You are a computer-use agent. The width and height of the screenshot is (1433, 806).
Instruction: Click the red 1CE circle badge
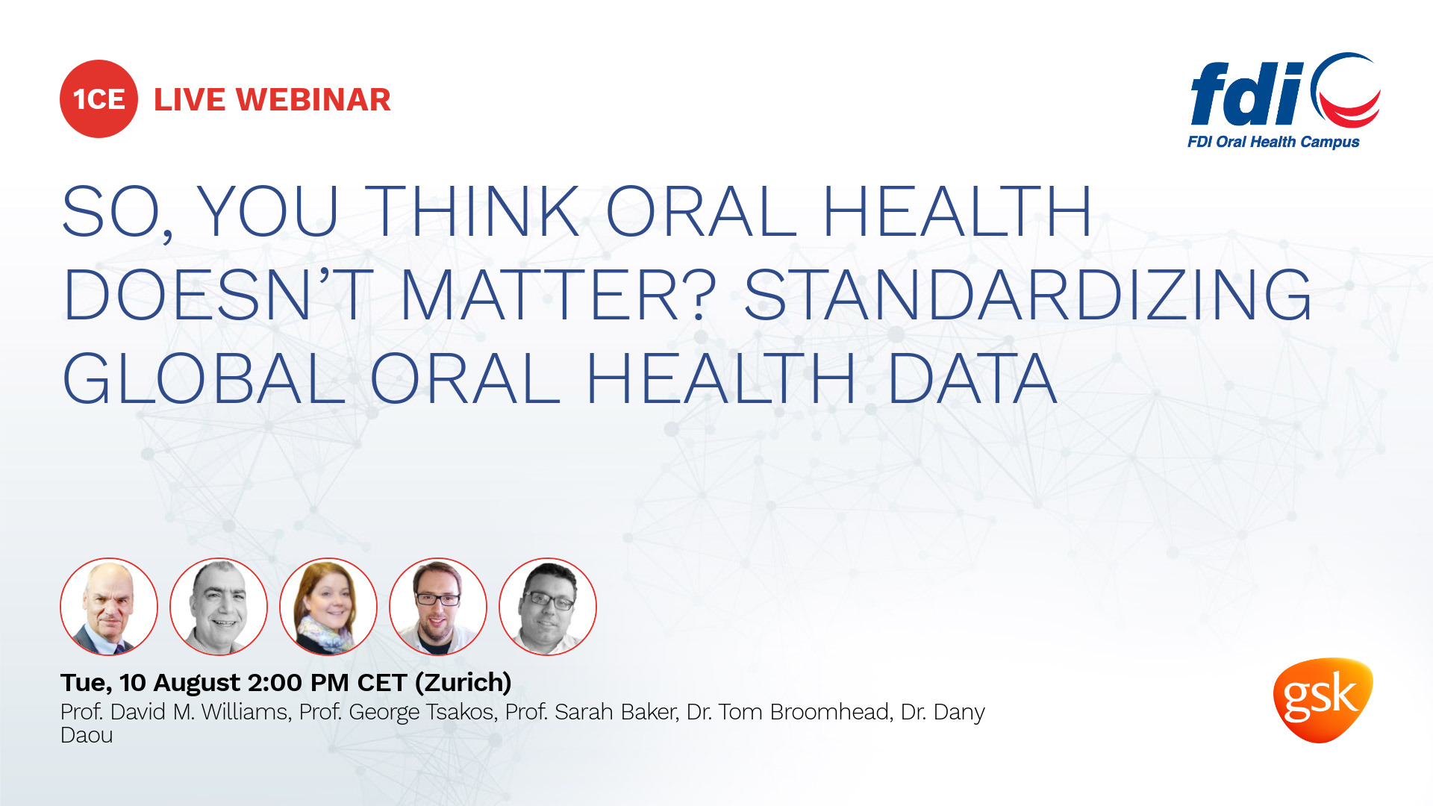99,99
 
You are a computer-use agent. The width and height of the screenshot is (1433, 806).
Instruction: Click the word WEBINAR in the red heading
313,99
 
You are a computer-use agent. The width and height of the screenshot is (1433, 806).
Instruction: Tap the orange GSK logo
1323,699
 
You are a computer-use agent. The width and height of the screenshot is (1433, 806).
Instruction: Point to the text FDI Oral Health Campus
1273,142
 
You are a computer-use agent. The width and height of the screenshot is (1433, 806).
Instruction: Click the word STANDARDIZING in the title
1028,296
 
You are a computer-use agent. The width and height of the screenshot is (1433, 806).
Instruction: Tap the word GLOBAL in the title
204,378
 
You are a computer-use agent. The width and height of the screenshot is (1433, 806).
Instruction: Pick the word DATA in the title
972,378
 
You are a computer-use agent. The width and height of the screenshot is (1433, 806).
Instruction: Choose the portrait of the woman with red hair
328,607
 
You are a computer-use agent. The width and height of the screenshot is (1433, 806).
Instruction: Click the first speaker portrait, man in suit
109,607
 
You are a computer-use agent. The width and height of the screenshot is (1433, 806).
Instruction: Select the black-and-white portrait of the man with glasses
548,607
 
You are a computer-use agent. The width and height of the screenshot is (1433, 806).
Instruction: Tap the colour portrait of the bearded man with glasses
438,607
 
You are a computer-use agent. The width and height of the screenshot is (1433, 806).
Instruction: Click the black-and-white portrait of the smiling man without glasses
219,607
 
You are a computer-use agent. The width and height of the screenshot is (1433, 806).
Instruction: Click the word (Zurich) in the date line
463,683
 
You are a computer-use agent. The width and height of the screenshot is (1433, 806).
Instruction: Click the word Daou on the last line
87,735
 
